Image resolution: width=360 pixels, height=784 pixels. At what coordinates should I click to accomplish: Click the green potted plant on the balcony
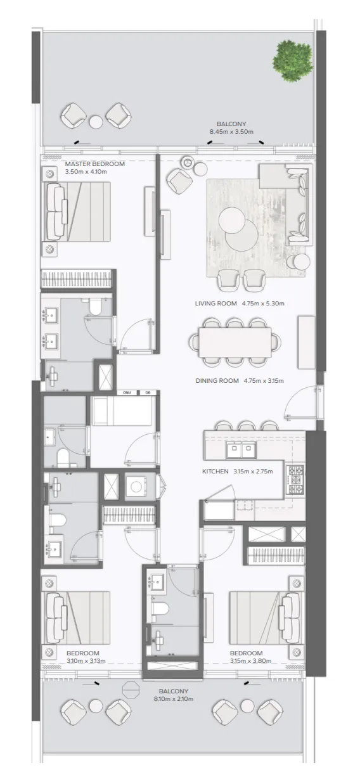coord(292,61)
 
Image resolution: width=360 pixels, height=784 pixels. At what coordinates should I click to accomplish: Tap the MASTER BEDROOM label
coord(95,164)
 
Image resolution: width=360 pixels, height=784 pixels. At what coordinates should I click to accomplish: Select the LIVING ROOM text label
coord(216,304)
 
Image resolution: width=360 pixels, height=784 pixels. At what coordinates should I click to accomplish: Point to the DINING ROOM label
coord(217,380)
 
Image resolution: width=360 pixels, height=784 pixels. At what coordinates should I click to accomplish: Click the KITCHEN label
coord(215,472)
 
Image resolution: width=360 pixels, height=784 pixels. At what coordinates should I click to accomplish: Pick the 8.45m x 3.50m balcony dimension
coord(231,132)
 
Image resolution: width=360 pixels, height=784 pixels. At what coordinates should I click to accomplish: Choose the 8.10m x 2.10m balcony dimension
coord(174,699)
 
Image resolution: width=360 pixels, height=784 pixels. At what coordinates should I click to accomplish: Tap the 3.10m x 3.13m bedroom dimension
coord(86,661)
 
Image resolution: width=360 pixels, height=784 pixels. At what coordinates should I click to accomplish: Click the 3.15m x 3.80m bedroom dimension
coord(250,661)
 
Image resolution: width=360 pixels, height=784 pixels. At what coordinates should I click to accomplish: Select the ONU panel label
coord(127,393)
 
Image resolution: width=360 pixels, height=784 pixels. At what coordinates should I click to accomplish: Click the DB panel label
coord(148,393)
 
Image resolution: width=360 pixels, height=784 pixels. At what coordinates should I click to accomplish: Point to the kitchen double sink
coord(241,450)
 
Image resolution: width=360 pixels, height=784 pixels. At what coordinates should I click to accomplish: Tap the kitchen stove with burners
coord(295,480)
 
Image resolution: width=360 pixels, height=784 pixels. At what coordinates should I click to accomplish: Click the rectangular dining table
coord(235,342)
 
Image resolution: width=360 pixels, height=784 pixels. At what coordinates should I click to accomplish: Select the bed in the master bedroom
coord(76,212)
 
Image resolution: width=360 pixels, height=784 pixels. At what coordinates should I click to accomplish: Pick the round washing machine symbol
coord(136,486)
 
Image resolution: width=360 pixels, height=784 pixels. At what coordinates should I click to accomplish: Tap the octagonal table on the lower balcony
coord(131,690)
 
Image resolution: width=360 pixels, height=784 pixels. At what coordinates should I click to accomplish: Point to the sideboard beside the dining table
coord(307,342)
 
